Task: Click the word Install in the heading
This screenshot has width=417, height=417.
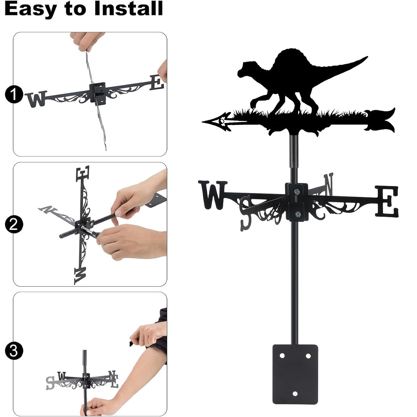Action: click(128, 8)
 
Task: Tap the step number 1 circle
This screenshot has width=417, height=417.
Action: click(14, 94)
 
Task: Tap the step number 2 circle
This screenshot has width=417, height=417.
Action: click(14, 224)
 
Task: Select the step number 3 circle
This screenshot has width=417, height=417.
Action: click(14, 351)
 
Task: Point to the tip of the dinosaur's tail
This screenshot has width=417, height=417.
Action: click(367, 57)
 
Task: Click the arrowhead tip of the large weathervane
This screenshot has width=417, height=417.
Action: click(203, 122)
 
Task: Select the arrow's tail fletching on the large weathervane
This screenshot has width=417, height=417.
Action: click(380, 120)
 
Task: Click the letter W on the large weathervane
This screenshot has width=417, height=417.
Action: click(213, 195)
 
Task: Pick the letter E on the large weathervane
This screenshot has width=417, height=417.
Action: click(387, 201)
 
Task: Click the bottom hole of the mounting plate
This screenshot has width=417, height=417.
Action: click(295, 394)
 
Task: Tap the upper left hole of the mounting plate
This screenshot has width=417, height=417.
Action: click(282, 356)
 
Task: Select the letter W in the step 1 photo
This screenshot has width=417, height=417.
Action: click(36, 99)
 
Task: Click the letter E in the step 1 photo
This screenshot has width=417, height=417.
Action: click(157, 83)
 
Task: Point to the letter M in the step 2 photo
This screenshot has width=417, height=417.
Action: click(80, 276)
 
